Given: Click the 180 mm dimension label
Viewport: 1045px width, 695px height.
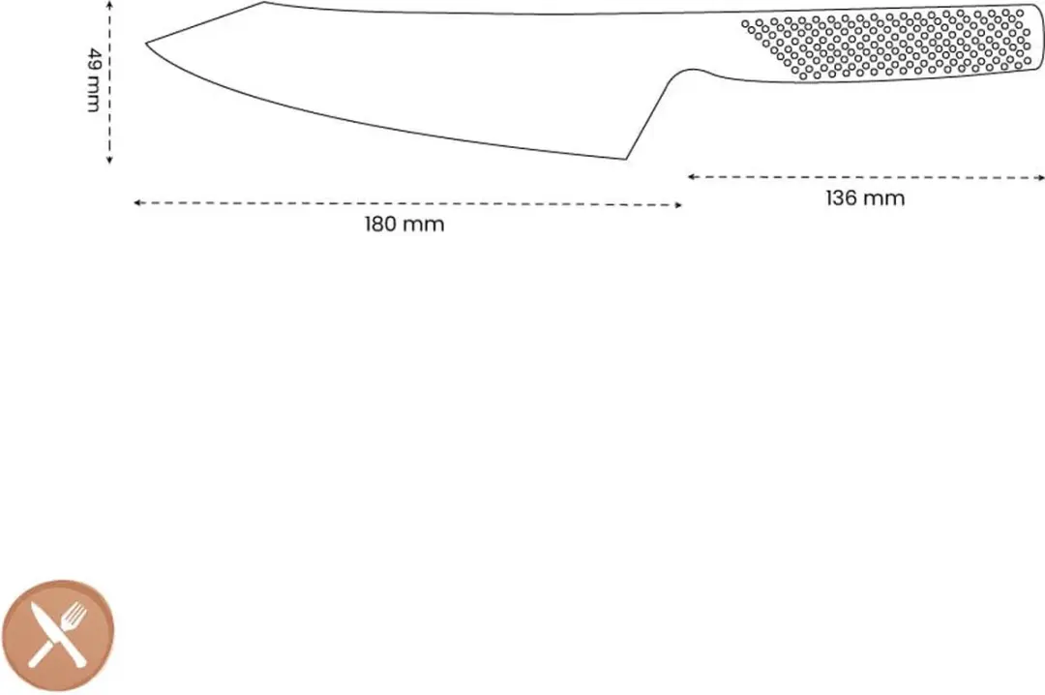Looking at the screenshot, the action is click(403, 225).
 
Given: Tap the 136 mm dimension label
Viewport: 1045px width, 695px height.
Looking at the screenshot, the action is click(865, 198).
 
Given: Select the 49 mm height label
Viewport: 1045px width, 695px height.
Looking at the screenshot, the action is click(95, 79).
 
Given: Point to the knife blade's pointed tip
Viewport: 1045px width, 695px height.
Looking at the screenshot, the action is click(147, 44).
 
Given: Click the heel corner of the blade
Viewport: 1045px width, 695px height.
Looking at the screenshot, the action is click(626, 159).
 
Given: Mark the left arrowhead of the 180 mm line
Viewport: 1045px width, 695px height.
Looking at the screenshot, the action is click(136, 202).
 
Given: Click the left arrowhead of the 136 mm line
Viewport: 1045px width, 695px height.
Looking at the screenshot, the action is click(691, 177).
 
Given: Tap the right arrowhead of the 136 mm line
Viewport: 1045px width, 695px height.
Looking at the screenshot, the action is click(1041, 178).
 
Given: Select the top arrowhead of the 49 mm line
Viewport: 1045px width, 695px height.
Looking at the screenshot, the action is click(109, 3).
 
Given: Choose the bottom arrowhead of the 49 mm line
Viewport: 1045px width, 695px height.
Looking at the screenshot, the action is click(109, 160).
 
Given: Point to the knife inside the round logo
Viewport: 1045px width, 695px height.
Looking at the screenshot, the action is click(52, 632).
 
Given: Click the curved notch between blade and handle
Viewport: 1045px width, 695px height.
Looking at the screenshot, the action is click(692, 70).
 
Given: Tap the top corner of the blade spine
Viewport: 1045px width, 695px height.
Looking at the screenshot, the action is click(264, 2).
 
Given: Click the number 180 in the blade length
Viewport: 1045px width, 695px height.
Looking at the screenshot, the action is click(380, 225).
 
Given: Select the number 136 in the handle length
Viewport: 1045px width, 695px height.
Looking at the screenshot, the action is click(842, 198).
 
